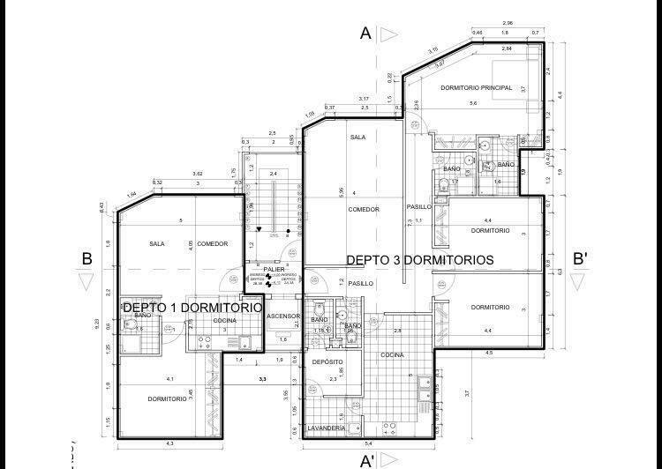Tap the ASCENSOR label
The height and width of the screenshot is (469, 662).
(x=283, y=316)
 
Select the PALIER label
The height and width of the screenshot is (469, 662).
(x=274, y=269)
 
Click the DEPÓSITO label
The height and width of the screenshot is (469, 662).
(x=327, y=362)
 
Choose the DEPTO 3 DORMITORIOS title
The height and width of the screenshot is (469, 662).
(x=419, y=260)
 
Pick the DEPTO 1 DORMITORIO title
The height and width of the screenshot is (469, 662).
(x=192, y=308)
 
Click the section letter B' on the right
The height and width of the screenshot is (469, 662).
(x=581, y=259)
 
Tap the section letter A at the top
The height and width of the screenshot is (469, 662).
(x=365, y=33)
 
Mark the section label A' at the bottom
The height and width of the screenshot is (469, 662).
(x=367, y=460)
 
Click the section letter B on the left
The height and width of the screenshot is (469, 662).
(x=87, y=259)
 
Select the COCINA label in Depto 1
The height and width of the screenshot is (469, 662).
(x=225, y=320)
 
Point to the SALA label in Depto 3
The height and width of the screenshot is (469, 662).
(x=357, y=138)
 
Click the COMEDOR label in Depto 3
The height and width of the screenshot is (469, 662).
(x=363, y=210)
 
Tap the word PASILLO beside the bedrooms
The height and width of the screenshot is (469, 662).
(x=418, y=207)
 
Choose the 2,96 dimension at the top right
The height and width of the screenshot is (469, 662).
(x=508, y=22)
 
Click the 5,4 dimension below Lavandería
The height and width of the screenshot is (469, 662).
(x=368, y=443)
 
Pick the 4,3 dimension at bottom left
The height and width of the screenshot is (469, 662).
(x=169, y=443)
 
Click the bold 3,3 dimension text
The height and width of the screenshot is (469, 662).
(x=262, y=379)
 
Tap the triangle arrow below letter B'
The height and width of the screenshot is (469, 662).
(x=578, y=282)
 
